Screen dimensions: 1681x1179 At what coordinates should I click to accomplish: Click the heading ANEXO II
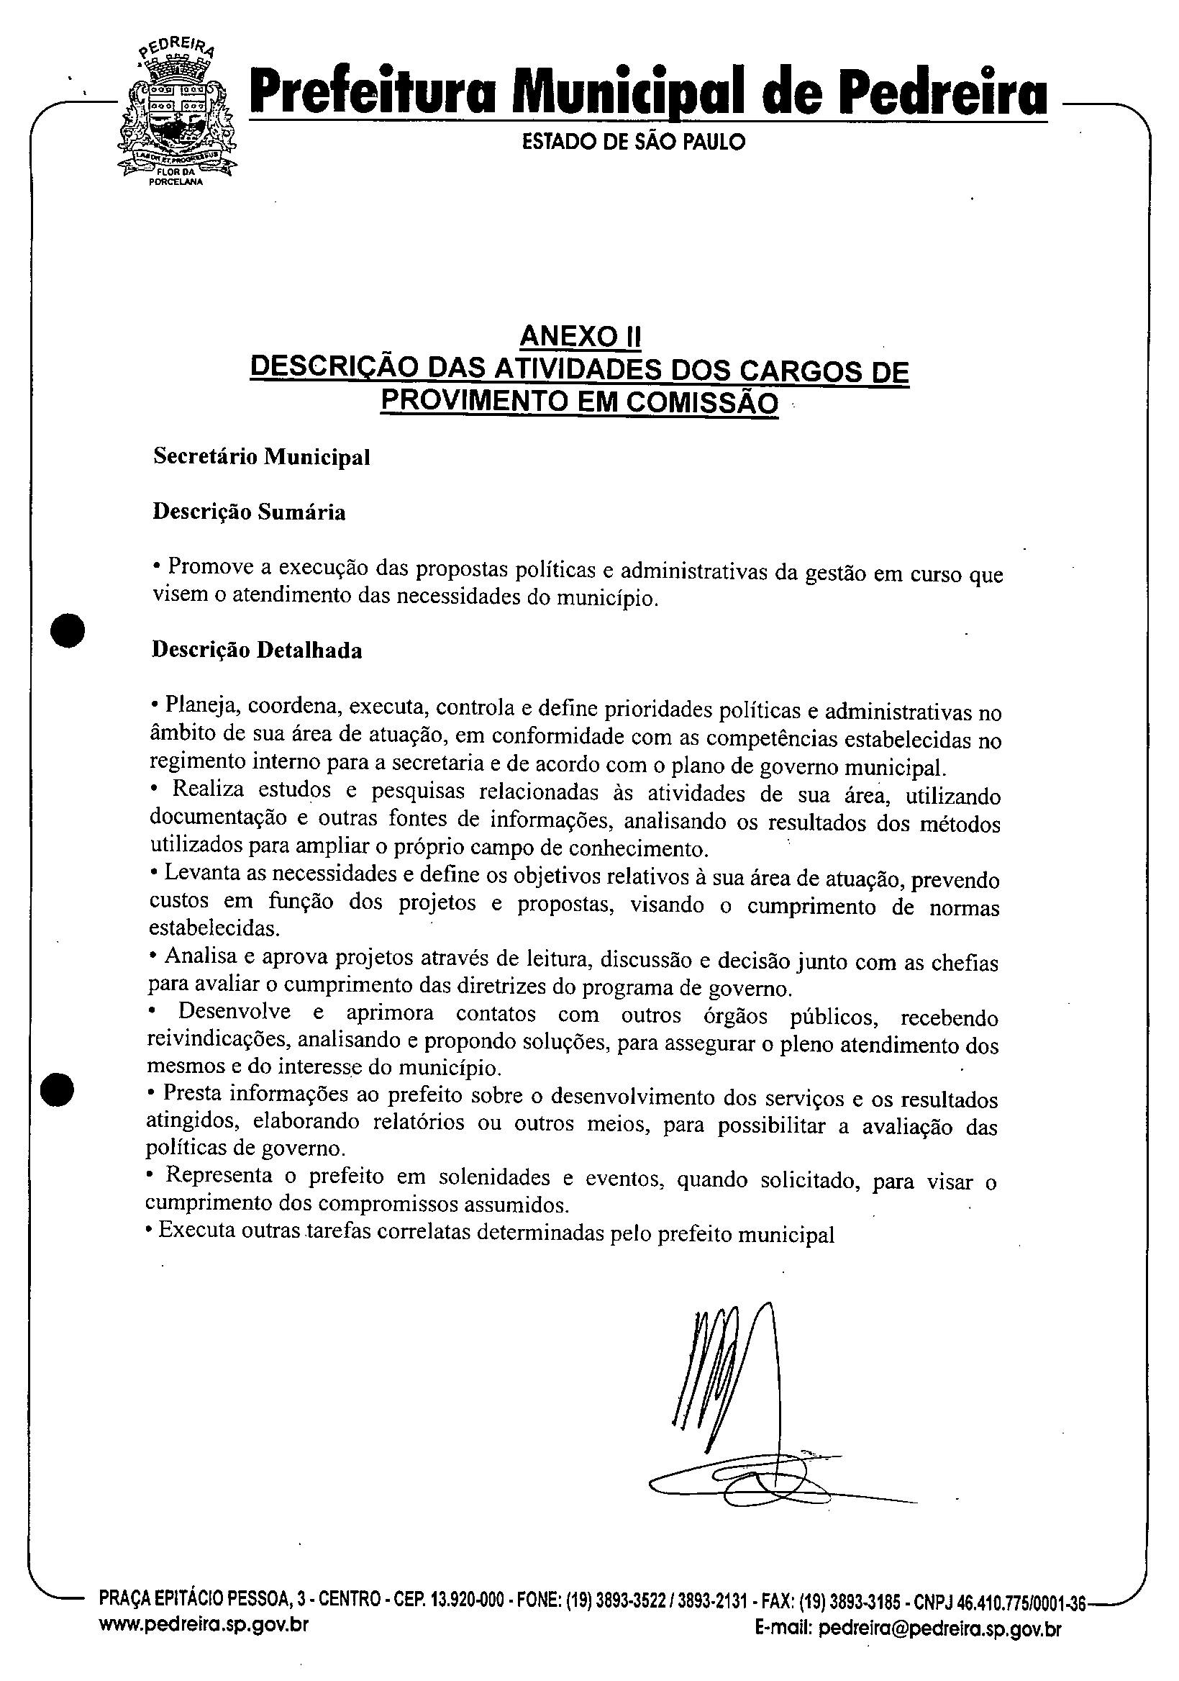[x=580, y=337]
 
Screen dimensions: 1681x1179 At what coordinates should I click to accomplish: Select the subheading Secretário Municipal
[x=261, y=457]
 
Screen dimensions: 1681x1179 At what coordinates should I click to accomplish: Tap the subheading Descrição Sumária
[x=249, y=512]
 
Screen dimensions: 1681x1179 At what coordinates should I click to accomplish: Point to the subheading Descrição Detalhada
[x=256, y=650]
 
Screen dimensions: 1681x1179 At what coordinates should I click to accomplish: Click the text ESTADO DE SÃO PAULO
[x=634, y=142]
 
